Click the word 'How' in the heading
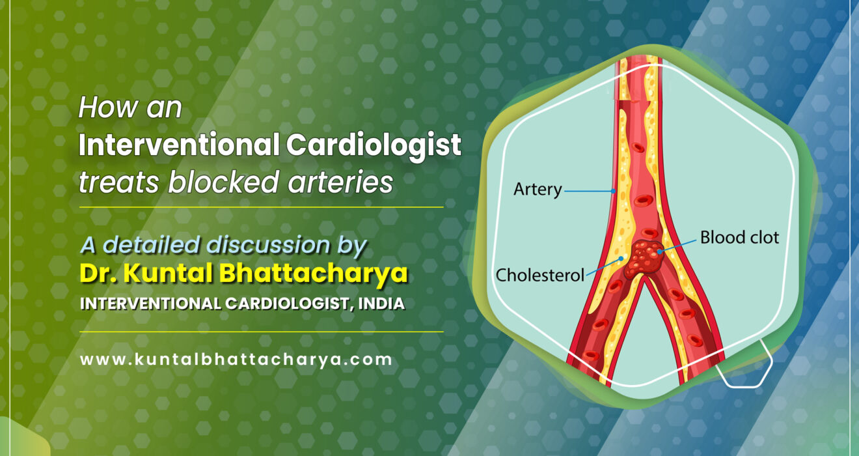[x=102, y=107]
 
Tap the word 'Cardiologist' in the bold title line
[x=374, y=145]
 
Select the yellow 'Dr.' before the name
[x=97, y=274]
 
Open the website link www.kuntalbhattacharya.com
[x=236, y=359]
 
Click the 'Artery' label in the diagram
[x=537, y=190]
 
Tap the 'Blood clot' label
[x=739, y=237]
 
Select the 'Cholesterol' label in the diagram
[x=540, y=275]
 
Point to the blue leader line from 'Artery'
[x=589, y=191]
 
